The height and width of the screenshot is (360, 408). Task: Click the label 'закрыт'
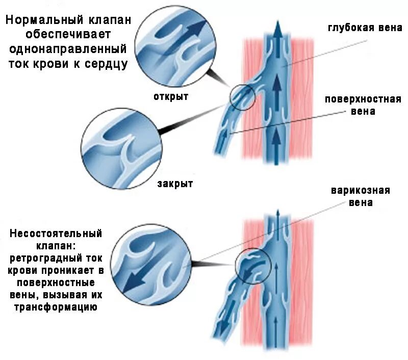pyautogui.click(x=175, y=184)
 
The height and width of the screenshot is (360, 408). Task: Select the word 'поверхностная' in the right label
pyautogui.click(x=363, y=99)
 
